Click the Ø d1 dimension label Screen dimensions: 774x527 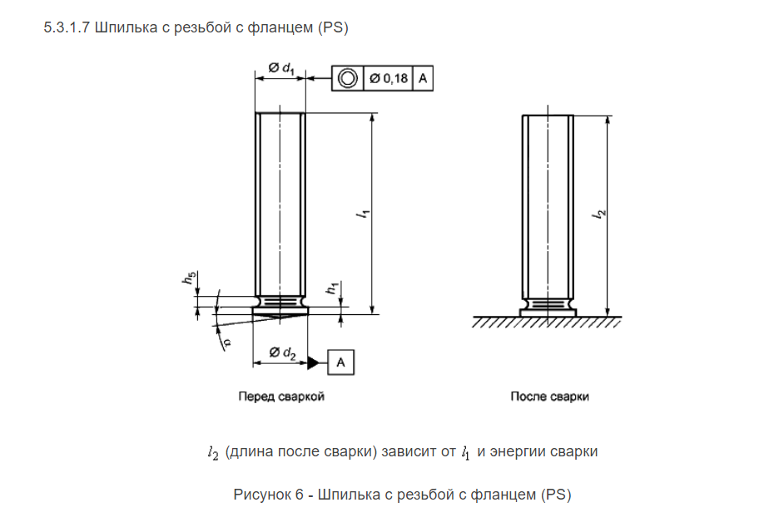281,68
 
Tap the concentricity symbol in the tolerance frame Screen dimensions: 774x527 348,78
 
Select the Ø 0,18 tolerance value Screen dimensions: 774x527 389,78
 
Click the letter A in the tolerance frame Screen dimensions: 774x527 423,78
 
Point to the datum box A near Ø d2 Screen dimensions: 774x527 340,362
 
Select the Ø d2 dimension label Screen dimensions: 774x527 282,353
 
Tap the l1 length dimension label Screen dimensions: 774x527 364,214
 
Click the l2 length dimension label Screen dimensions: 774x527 599,214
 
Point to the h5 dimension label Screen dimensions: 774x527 189,278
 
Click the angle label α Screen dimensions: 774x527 226,342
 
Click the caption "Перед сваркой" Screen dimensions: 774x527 281,396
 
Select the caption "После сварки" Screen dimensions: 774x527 549,396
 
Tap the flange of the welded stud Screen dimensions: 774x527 548,313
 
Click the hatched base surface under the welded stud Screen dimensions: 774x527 547,322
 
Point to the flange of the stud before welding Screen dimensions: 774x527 280,310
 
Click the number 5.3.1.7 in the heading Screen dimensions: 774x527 67,27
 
